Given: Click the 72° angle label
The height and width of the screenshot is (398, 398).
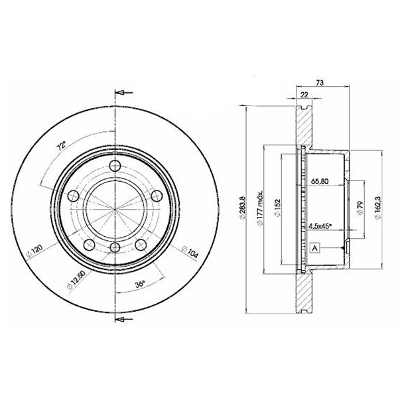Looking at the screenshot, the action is pyautogui.click(x=61, y=146).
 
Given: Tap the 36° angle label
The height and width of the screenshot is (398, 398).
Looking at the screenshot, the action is pyautogui.click(x=140, y=283).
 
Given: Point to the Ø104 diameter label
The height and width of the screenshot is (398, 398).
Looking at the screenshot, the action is pyautogui.click(x=190, y=251).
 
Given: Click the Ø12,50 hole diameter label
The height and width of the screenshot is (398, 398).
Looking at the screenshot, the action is pyautogui.click(x=77, y=279).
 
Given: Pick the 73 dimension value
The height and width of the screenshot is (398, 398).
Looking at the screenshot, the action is pyautogui.click(x=320, y=82).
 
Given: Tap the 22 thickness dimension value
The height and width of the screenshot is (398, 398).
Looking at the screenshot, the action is pyautogui.click(x=304, y=95).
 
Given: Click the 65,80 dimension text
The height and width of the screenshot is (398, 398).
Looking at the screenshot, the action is pyautogui.click(x=320, y=181).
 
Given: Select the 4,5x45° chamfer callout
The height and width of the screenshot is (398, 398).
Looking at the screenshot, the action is pyautogui.click(x=320, y=226).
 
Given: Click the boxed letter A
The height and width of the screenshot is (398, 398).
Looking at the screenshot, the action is pyautogui.click(x=314, y=248).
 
